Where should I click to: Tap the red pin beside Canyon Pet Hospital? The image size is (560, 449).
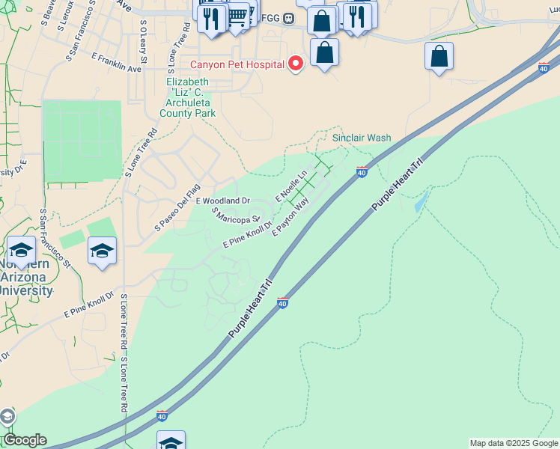click(x=296, y=64)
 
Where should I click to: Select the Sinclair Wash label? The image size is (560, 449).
click(x=362, y=138)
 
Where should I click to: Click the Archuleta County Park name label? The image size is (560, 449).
click(x=188, y=97)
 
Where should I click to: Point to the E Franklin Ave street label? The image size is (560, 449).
click(x=116, y=62)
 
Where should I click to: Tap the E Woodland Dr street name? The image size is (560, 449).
click(x=222, y=201)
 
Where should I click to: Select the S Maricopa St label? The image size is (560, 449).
click(x=235, y=215)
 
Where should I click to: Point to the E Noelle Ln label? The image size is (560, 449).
click(x=292, y=186)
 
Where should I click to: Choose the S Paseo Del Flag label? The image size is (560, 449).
click(x=178, y=207)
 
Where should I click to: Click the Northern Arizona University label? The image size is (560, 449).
click(x=26, y=278)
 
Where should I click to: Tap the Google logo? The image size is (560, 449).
click(x=24, y=440)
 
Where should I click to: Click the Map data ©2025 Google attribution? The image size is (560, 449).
click(x=514, y=443)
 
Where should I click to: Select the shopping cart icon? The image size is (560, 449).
click(x=237, y=14)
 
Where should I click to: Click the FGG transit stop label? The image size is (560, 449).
click(x=278, y=18)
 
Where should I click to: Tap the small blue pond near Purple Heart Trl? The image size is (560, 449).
click(x=421, y=201)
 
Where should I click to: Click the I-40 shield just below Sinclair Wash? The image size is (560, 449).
click(x=362, y=173)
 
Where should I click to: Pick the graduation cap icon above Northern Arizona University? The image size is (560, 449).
click(x=22, y=251)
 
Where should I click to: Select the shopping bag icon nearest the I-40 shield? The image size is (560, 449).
click(x=439, y=57)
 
